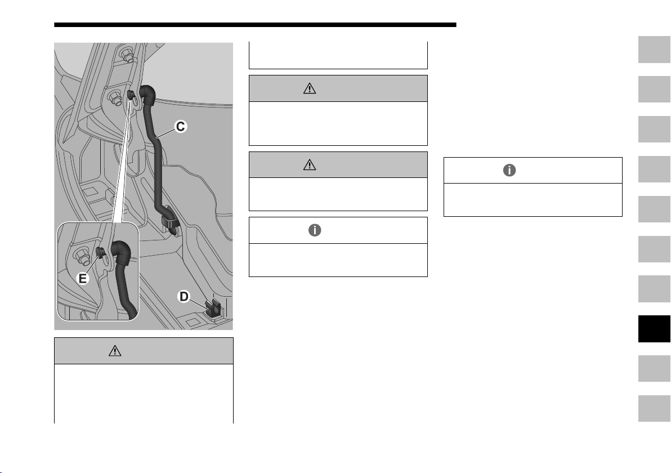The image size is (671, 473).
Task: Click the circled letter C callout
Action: [181, 127]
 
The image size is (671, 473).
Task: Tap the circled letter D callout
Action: [184, 296]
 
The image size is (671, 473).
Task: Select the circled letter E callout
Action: [83, 279]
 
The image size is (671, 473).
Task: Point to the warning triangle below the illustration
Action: [115, 351]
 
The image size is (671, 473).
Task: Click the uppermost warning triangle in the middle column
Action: [310, 88]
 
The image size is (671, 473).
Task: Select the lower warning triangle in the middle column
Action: [310, 165]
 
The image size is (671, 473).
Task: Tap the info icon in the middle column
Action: [315, 230]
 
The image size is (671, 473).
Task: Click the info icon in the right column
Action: [509, 171]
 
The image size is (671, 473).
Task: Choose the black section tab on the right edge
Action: [654, 329]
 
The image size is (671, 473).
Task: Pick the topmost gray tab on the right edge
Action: [654, 50]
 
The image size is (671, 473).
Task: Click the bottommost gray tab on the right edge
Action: [654, 408]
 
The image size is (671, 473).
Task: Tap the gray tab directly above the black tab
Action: [654, 289]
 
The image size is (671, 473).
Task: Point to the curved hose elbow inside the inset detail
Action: [121, 253]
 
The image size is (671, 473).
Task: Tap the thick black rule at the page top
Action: [255, 25]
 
